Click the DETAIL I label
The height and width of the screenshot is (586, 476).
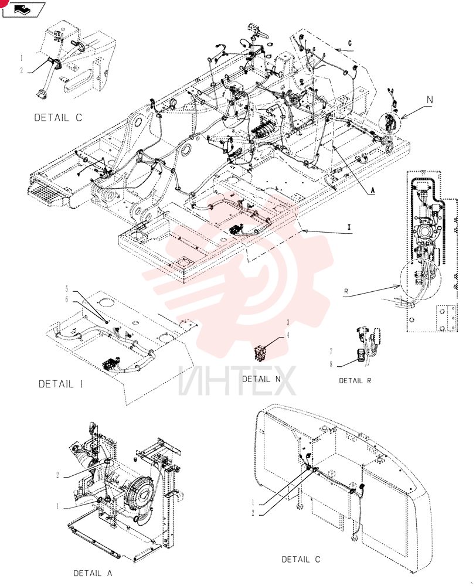pyautogui.click(x=60, y=384)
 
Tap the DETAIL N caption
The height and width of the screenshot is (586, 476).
pyautogui.click(x=261, y=379)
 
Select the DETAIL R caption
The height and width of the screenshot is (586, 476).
pyautogui.click(x=355, y=381)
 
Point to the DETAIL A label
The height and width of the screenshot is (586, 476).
pyautogui.click(x=93, y=573)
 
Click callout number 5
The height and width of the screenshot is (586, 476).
pyautogui.click(x=67, y=289)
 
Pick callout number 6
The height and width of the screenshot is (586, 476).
pyautogui.click(x=67, y=299)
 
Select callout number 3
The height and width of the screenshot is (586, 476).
pyautogui.click(x=288, y=322)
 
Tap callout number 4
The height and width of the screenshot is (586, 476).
pyautogui.click(x=288, y=335)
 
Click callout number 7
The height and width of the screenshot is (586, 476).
pyautogui.click(x=331, y=351)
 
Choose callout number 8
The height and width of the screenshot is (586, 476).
pyautogui.click(x=331, y=364)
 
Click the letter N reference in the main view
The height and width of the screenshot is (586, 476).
pyautogui.click(x=430, y=100)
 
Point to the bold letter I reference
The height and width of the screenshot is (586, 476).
pyautogui.click(x=349, y=227)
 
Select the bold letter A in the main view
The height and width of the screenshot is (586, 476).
pyautogui.click(x=372, y=190)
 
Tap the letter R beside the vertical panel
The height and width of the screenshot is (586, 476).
pyautogui.click(x=346, y=291)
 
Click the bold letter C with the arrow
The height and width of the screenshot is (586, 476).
pyautogui.click(x=350, y=43)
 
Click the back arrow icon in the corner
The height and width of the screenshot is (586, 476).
pyautogui.click(x=23, y=9)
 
